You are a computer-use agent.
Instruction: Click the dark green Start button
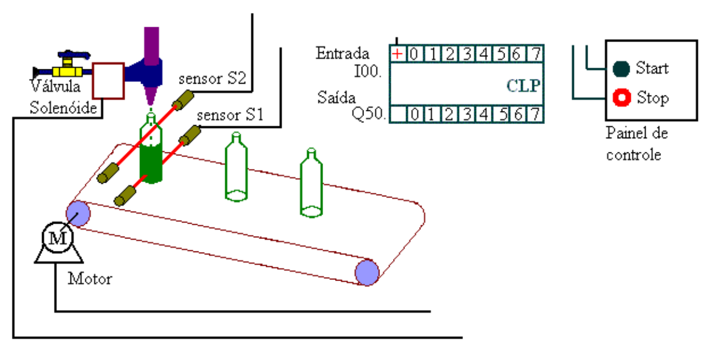tap(621, 69)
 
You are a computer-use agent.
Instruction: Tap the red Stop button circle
tap(621, 98)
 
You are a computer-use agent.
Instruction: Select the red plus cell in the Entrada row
tap(397, 55)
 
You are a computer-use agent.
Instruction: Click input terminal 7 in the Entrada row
tap(535, 55)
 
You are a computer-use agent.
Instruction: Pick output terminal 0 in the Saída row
tap(416, 114)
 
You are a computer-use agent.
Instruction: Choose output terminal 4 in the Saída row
tap(484, 114)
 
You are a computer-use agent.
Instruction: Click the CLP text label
tap(524, 86)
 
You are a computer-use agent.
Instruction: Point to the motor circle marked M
tap(58, 238)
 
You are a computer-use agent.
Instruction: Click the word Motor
tap(90, 278)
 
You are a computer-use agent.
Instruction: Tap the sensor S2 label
tap(213, 79)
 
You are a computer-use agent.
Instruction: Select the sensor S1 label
tap(229, 115)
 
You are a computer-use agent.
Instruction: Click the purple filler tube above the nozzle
tap(152, 44)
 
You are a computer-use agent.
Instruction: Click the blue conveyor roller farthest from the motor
tap(367, 272)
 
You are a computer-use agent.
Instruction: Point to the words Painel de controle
tap(636, 144)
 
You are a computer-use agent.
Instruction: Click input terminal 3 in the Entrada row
tap(467, 55)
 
